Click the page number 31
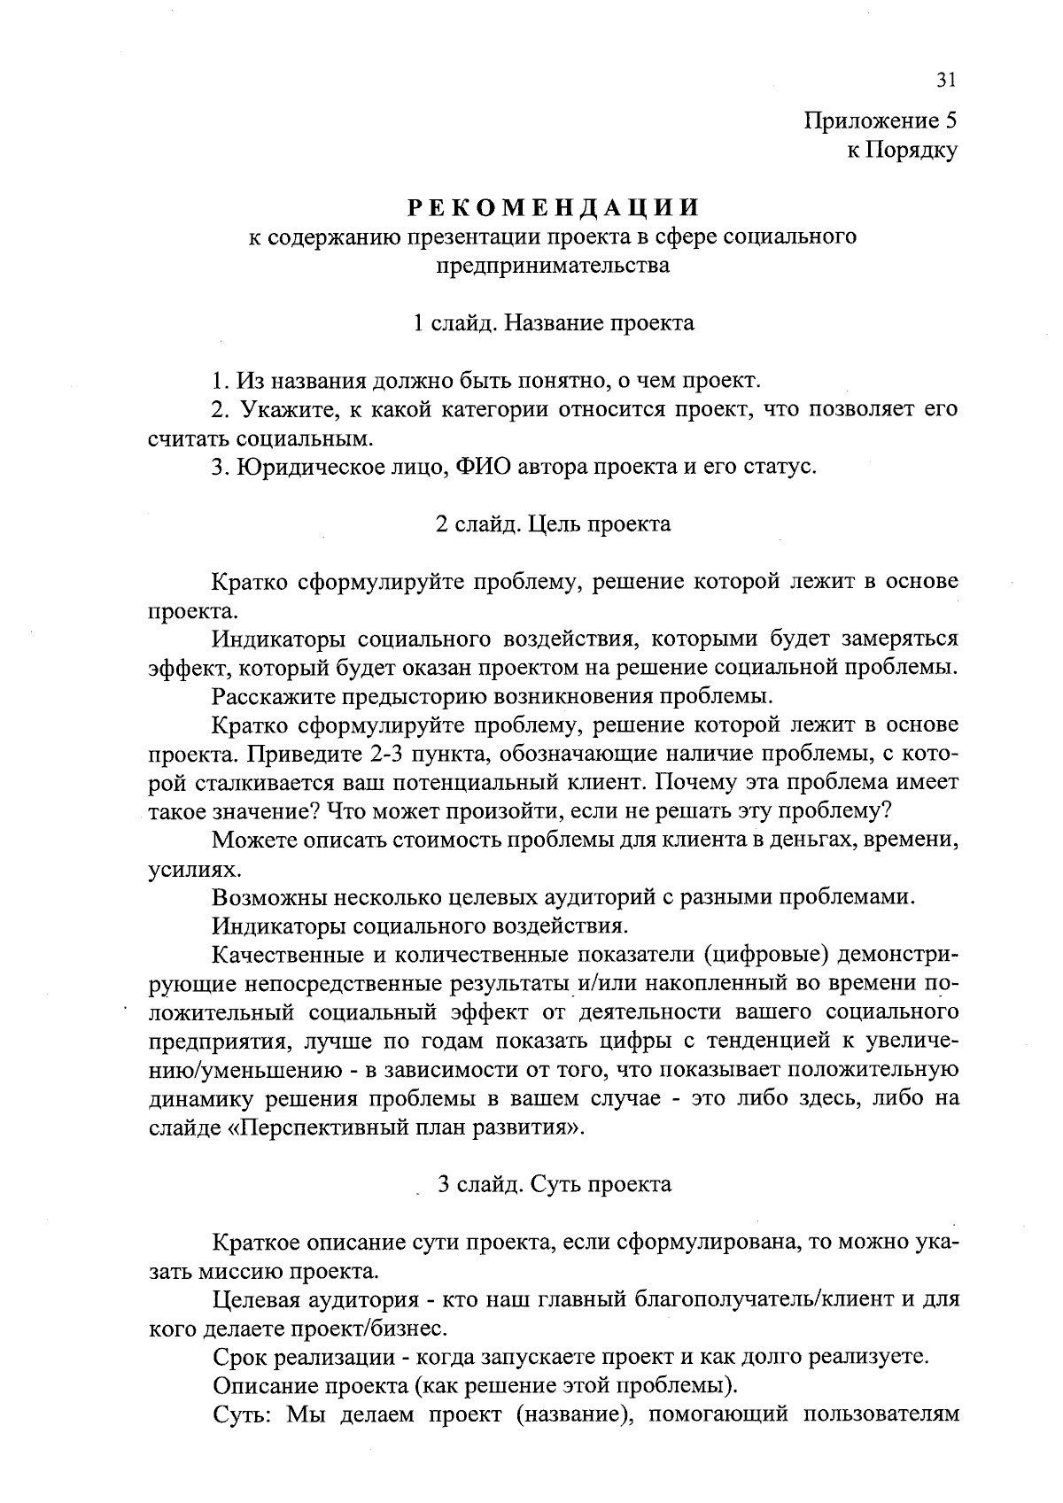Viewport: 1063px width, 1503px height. click(945, 81)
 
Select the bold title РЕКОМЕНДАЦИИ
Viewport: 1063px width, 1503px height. click(554, 208)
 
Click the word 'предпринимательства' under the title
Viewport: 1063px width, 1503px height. click(554, 265)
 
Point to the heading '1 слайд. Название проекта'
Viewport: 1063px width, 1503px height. click(554, 323)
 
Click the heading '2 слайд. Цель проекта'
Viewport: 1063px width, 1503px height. click(554, 523)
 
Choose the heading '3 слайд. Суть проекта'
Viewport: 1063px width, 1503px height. click(554, 1184)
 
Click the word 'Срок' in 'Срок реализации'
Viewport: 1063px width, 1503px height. click(240, 1357)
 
